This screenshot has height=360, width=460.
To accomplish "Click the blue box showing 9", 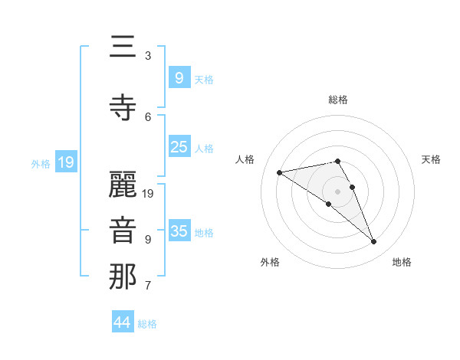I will click(179, 78).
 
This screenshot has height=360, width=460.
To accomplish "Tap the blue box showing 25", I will click(179, 147).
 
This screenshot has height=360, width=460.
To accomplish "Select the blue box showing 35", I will click(179, 231).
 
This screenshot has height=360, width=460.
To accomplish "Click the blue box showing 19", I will click(65, 162).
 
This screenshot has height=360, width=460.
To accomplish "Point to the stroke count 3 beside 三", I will click(148, 56).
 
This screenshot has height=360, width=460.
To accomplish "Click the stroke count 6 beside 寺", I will click(148, 116).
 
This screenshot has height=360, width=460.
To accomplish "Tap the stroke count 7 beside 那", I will click(148, 286).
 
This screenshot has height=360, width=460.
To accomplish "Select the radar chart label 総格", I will click(338, 100).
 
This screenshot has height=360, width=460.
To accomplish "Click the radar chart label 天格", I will click(432, 159).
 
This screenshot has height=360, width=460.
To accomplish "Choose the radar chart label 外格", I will click(270, 262).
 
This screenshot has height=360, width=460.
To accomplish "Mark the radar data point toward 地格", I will click(374, 242).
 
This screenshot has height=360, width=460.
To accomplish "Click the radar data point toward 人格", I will click(279, 172).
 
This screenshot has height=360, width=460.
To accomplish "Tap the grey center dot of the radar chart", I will click(338, 191).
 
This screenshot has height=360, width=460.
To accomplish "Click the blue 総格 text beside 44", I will click(147, 324).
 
